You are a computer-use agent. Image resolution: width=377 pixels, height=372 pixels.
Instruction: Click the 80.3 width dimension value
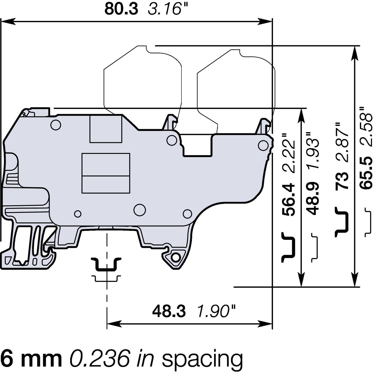pyautogui.click(x=121, y=9)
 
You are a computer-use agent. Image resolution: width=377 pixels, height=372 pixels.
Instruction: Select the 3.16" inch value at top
pyautogui.click(x=168, y=9)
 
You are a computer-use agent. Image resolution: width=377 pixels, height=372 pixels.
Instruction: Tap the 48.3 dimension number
pyautogui.click(x=169, y=311)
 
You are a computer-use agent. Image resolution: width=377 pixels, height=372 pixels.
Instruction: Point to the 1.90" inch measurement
pyautogui.click(x=216, y=311)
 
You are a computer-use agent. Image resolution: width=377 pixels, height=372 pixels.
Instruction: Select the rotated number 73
pyautogui.click(x=342, y=180)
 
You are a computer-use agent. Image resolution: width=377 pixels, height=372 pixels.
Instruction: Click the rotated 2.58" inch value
pyautogui.click(x=366, y=126)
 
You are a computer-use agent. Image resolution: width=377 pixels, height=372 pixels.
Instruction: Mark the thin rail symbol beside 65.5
pyautogui.click(x=368, y=222)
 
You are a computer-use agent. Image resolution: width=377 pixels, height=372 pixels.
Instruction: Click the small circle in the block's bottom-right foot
pyautogui.click(x=176, y=258)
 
